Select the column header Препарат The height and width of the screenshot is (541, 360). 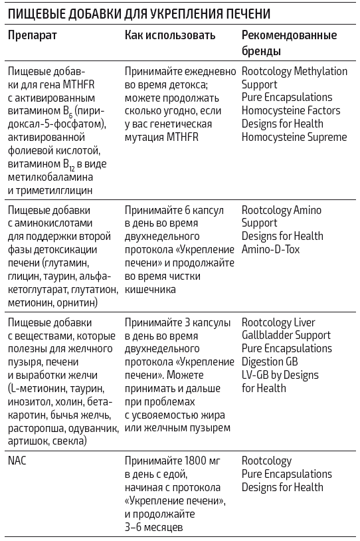click(33, 35)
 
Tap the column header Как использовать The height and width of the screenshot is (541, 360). click(170, 35)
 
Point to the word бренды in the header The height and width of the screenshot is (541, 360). click(261, 51)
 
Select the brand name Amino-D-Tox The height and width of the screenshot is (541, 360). click(272, 249)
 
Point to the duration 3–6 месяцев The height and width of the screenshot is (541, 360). click(157, 527)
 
